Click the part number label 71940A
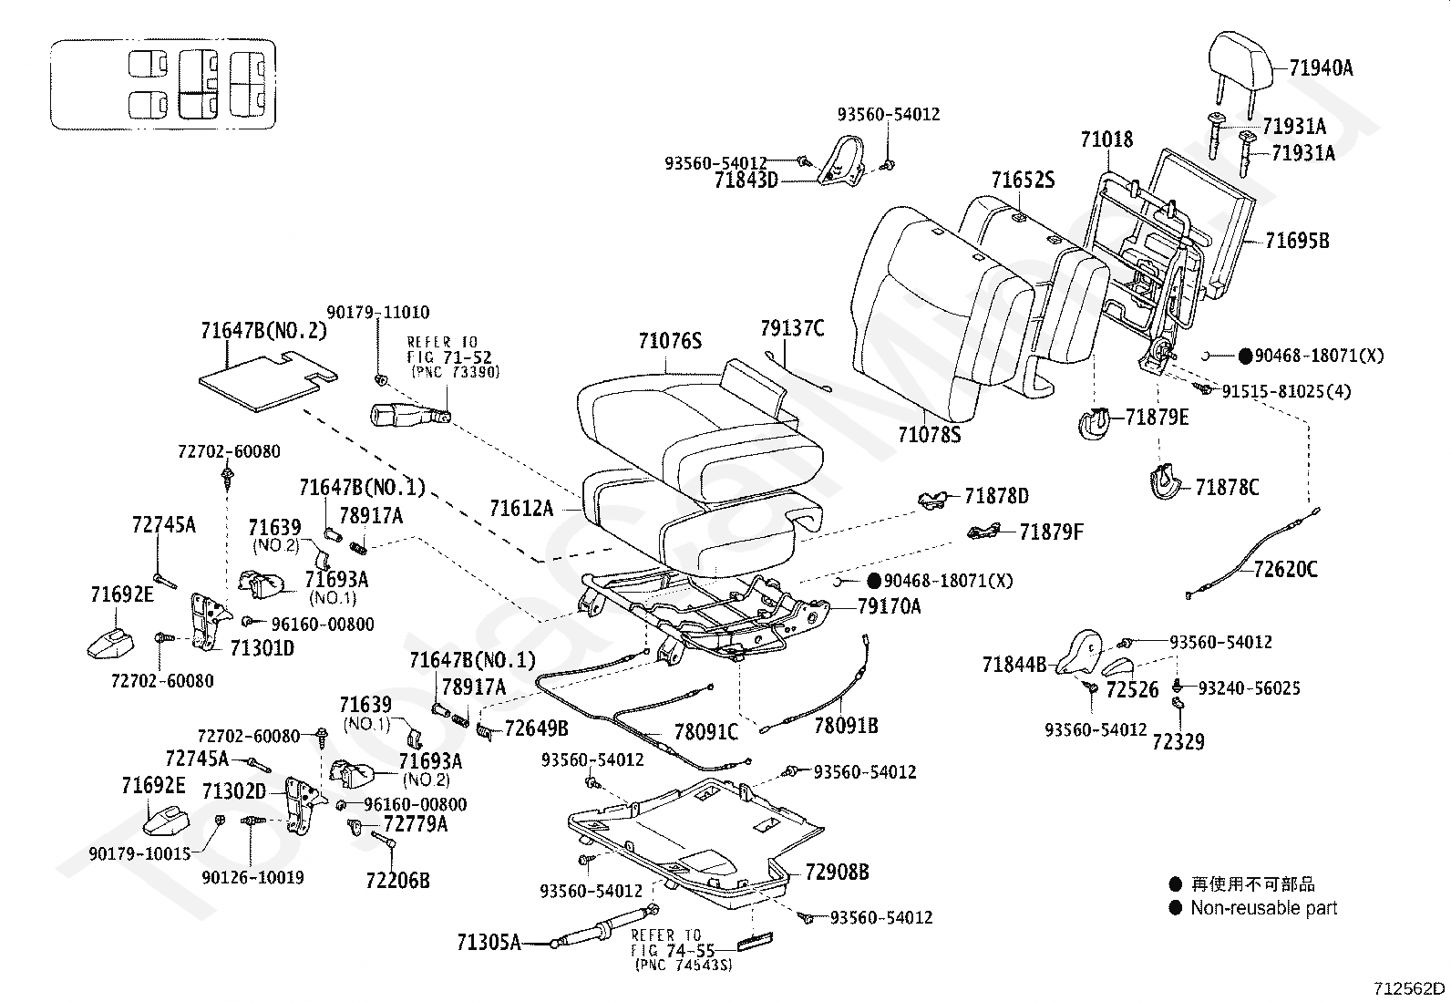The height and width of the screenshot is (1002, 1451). tap(1321, 67)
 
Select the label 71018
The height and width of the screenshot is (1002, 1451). tap(1106, 139)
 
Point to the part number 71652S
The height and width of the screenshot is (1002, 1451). tap(1023, 180)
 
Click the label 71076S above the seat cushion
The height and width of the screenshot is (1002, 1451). tap(670, 341)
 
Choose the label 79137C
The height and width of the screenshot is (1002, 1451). tap(792, 328)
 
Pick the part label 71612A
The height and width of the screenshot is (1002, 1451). tap(520, 508)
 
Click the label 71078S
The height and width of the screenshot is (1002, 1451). tap(929, 435)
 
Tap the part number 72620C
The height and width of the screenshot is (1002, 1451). tap(1285, 570)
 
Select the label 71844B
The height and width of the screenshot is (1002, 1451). tap(1014, 665)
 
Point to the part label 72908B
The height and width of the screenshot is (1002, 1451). tap(837, 872)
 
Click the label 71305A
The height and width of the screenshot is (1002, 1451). tap(489, 942)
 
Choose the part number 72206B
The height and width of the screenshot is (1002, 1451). tap(397, 880)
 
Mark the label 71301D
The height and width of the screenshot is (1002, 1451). tap(262, 648)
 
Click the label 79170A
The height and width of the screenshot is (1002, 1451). tap(889, 606)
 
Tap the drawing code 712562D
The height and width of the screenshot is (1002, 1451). tap(1410, 988)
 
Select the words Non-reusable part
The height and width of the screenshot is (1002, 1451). tap(1263, 908)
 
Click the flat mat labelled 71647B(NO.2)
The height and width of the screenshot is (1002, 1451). tap(260, 377)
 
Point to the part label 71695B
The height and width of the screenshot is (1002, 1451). tap(1297, 241)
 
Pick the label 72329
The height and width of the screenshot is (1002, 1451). tap(1178, 741)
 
